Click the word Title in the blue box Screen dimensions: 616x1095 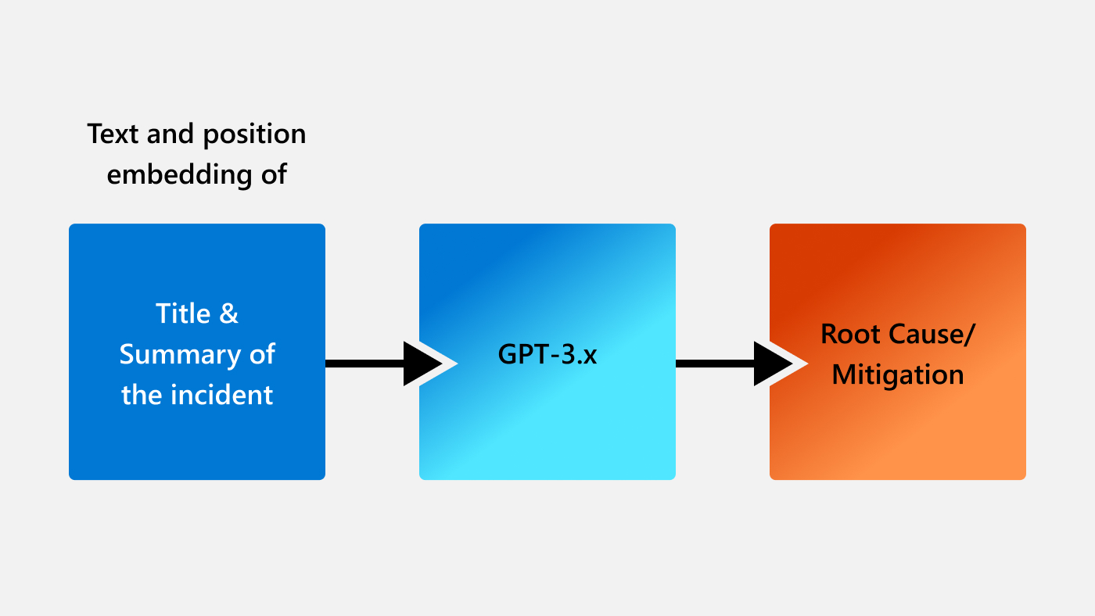coord(184,313)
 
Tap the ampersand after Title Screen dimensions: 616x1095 coord(228,313)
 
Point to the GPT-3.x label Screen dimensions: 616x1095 coord(547,354)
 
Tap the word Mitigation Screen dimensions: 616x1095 coord(897,374)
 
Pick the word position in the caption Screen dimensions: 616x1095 coord(254,134)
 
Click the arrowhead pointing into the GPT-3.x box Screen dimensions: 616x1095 coord(425,364)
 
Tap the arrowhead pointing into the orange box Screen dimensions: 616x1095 coord(776,364)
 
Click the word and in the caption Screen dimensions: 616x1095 coord(173,134)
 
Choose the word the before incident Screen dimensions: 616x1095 coord(141,395)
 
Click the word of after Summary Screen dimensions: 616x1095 coord(262,355)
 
